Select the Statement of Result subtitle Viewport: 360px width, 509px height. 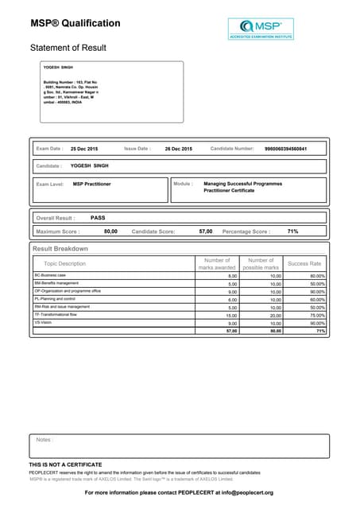(68, 48)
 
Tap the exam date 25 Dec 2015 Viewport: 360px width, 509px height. (84, 149)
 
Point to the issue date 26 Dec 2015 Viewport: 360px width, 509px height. (178, 149)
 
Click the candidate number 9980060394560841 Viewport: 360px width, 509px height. (285, 149)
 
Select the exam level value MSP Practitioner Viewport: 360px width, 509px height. (91, 184)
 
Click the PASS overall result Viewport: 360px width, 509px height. (98, 217)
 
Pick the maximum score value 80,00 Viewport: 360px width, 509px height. (110, 231)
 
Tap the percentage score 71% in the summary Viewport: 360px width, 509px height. (292, 231)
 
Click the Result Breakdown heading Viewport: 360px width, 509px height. (60, 249)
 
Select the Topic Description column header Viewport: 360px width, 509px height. (64, 263)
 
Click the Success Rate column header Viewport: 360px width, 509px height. (304, 263)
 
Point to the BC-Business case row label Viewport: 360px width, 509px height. (51, 275)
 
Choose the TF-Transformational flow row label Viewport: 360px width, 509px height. (56, 314)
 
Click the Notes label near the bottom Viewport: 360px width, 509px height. (45, 440)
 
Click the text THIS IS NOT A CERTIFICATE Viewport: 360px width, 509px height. (65, 464)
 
